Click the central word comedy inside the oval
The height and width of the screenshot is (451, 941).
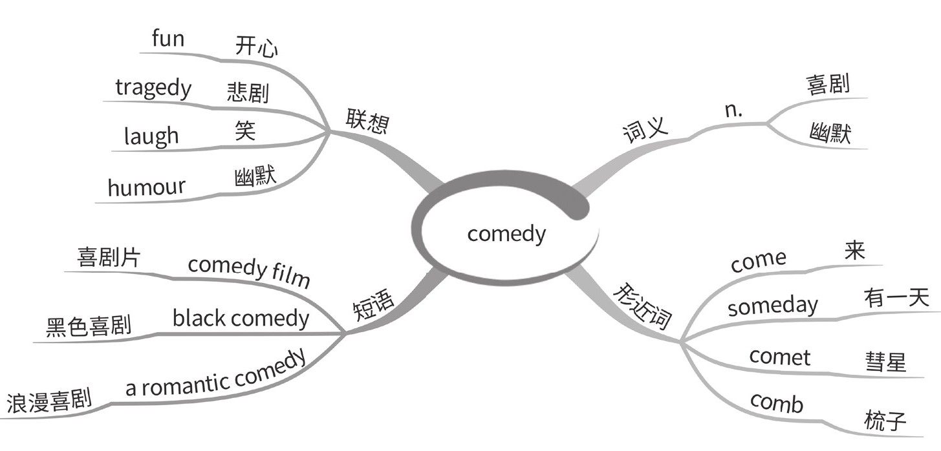tap(506, 233)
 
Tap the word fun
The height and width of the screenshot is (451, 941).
tap(168, 39)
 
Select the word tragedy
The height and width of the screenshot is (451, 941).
tap(153, 88)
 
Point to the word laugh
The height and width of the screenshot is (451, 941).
tap(151, 136)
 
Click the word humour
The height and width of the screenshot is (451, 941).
tap(146, 187)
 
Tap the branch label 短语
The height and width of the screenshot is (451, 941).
tap(373, 303)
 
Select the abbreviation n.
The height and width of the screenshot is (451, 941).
tap(733, 110)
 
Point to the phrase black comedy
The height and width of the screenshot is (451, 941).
tap(241, 318)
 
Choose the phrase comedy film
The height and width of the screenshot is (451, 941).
tap(249, 271)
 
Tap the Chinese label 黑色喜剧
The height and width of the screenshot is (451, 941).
tap(89, 325)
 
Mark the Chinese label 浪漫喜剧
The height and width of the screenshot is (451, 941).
tap(49, 401)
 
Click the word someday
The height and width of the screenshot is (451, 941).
tap(772, 306)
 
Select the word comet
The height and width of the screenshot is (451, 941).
tap(779, 357)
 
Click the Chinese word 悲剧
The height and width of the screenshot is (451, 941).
tap(248, 92)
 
